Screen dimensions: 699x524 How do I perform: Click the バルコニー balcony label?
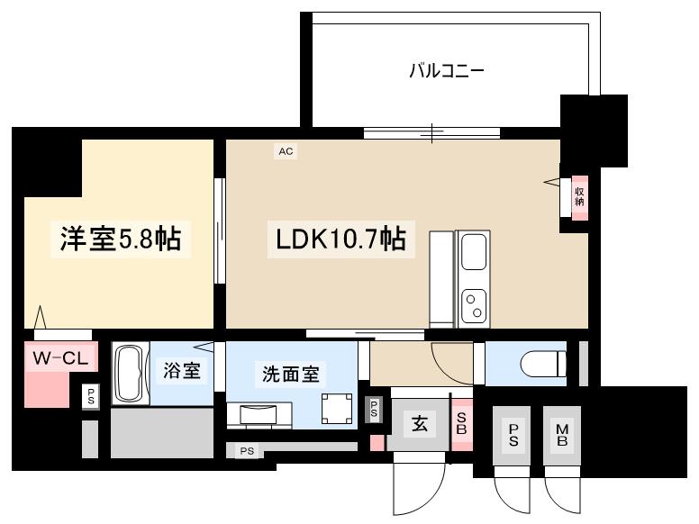point(447,71)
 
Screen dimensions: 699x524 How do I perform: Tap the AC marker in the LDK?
point(286,151)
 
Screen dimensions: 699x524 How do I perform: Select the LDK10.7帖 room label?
point(341,239)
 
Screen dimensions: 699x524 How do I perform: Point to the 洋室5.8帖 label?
point(121,239)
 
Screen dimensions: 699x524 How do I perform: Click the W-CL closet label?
point(61,357)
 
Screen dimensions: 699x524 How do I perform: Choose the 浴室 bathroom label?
point(181,371)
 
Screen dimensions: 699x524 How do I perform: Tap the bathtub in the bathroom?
point(131,374)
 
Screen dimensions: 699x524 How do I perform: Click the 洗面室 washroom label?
point(291,375)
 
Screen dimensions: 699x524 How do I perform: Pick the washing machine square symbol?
point(337,409)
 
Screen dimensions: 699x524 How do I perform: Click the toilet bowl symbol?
point(543,363)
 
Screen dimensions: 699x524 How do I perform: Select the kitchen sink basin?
point(474,252)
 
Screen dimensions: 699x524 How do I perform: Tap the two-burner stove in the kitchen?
point(474,306)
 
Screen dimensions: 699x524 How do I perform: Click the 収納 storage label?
point(579,196)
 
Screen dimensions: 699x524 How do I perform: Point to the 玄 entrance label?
point(420,423)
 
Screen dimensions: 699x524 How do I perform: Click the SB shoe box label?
point(461,423)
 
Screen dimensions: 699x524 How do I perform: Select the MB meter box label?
point(562,436)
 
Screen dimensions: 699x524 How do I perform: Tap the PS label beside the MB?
point(513,436)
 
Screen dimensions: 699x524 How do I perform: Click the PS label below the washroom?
point(247,451)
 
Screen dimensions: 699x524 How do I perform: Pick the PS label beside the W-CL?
point(91,396)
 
